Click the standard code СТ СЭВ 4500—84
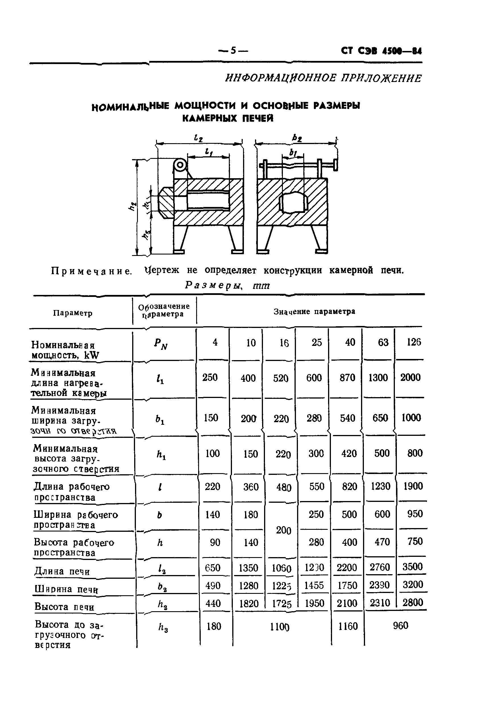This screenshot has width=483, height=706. pos(381,51)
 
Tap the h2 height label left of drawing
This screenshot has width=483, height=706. pos(132,206)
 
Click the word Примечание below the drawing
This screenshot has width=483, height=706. pos(91,271)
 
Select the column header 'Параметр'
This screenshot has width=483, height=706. pos(73,313)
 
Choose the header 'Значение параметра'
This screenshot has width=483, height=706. pos(314,312)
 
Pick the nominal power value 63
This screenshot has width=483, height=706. pos(383,343)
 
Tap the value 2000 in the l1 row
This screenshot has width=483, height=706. pos(410,377)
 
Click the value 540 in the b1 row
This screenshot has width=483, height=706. pos(347,418)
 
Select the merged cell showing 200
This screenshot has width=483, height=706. pos(283,531)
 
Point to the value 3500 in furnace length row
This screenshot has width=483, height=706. pos(412,567)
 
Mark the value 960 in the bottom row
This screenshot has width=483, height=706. pos(401,626)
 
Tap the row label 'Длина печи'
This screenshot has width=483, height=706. pos(62,571)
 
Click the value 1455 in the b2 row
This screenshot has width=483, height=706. pos(314,585)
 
